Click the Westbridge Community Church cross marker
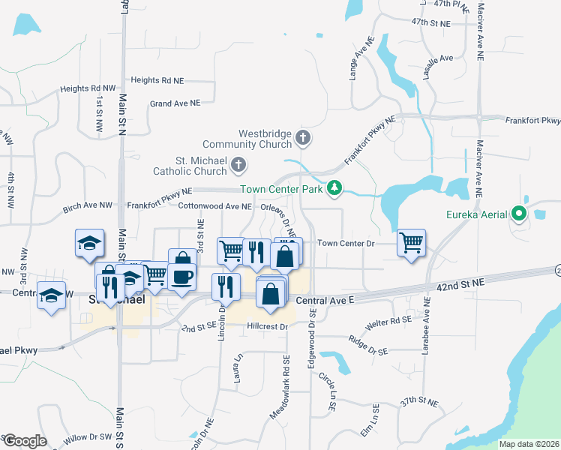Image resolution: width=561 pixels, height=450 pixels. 303,137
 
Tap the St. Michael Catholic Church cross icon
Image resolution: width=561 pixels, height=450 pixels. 238,164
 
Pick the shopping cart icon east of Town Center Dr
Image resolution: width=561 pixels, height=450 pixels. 411,242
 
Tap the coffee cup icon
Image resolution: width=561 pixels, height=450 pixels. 181,276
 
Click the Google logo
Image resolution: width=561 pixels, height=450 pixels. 25,441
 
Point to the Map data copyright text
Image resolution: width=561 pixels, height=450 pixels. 529,444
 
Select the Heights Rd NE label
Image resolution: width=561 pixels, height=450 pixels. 157,80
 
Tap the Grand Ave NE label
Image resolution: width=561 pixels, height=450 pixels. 175,103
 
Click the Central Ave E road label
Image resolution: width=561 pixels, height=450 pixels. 324,301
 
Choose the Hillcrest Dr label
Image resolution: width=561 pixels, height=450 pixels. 268,327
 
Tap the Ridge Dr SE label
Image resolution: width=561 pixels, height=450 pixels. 367,350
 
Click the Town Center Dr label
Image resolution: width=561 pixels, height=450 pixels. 346,243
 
